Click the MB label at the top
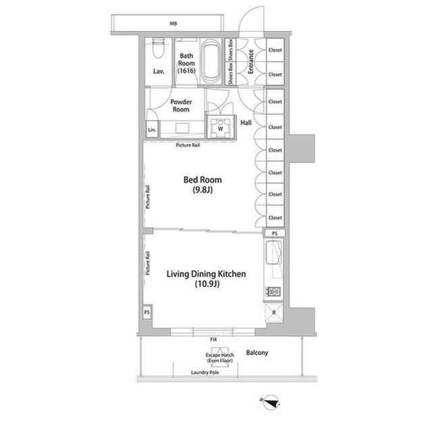coord(173,24)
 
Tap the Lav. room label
coord(159,70)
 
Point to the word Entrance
coord(250,61)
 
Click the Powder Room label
coord(180,105)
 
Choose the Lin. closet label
coord(152,130)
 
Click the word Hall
coord(246,123)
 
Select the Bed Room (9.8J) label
coord(202,185)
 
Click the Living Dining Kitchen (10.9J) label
coord(202,279)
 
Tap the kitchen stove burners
coord(274,291)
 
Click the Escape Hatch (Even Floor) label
coord(220,358)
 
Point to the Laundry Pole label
coord(205,372)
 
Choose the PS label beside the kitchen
coord(274,233)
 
